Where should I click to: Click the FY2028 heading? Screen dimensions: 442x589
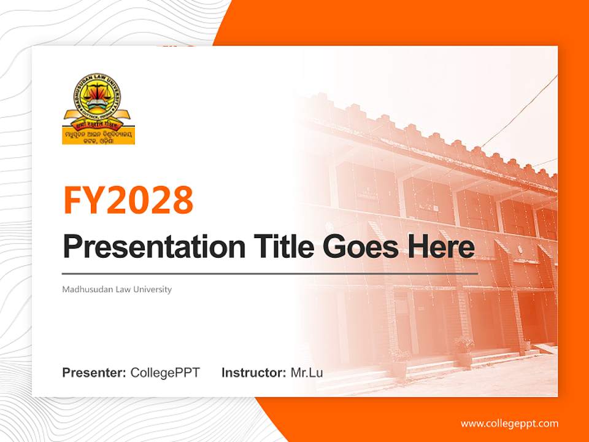click(128, 200)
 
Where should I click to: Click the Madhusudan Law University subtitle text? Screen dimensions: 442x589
click(117, 289)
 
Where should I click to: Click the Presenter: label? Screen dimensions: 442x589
click(94, 373)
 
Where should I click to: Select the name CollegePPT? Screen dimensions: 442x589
click(165, 373)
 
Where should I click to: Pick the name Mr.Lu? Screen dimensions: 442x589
click(307, 373)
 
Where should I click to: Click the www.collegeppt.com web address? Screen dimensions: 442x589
click(509, 423)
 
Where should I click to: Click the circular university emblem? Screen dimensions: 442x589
click(98, 98)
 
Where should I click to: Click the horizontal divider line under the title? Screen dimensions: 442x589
click(270, 273)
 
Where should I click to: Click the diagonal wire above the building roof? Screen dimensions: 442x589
click(522, 110)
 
